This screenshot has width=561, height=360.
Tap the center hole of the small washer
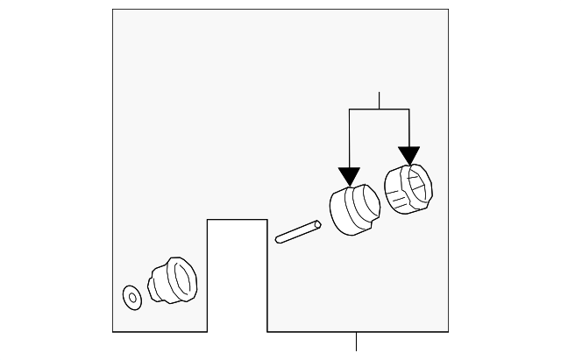pyautogui.click(x=132, y=297)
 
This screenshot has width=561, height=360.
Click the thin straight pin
pyautogui.click(x=298, y=232)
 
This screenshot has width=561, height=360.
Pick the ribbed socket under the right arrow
pyautogui.click(x=408, y=189)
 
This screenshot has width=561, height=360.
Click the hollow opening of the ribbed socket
pyautogui.click(x=418, y=185)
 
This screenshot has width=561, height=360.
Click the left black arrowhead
pyautogui.click(x=350, y=176)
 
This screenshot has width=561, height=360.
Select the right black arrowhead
pyautogui.click(x=408, y=155)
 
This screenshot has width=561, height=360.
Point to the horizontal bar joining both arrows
pyautogui.click(x=380, y=109)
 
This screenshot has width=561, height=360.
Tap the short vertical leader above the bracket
pyautogui.click(x=380, y=100)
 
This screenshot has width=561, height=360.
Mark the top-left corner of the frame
pyautogui.click(x=113, y=10)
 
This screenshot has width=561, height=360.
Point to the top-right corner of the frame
pyautogui.click(x=448, y=10)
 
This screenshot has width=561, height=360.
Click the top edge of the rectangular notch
pyautogui.click(x=237, y=219)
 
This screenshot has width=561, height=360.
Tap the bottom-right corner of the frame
pyautogui.click(x=448, y=332)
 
